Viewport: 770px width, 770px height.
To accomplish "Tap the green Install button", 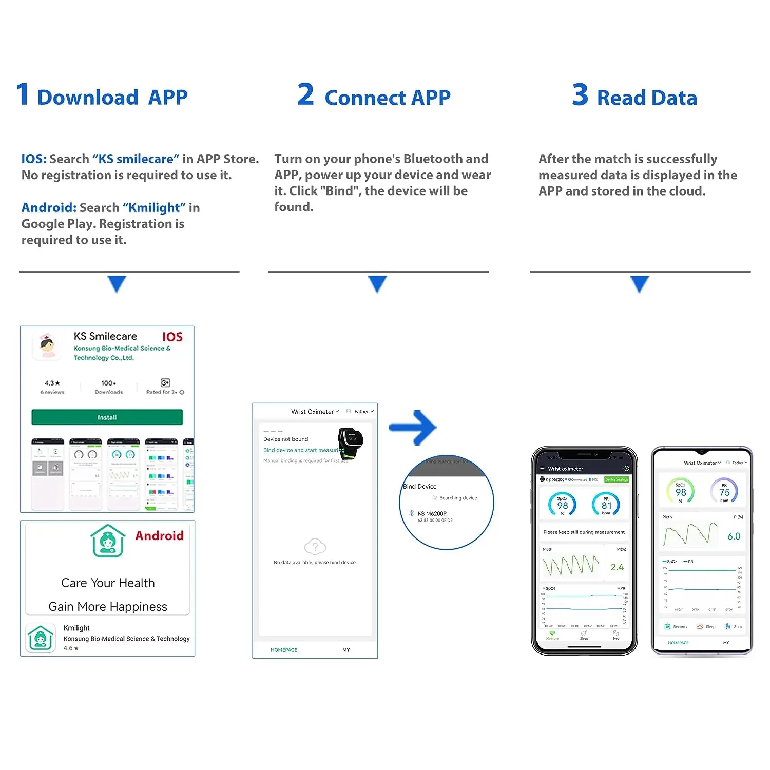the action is pos(107,417).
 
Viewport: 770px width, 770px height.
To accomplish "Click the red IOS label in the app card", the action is pos(172,337).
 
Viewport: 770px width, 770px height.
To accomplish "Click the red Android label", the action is pos(159,536).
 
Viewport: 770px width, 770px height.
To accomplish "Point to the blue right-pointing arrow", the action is pos(413,427).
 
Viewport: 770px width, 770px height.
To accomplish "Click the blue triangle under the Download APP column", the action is pos(117,283).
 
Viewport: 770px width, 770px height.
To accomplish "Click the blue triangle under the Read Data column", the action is pos(640,283).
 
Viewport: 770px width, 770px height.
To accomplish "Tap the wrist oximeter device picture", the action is pos(350,441).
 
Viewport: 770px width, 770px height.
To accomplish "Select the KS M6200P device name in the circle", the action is pos(432,513).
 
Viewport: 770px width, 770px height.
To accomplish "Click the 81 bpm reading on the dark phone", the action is pos(606,506).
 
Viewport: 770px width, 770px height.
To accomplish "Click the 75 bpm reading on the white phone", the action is pos(724,493).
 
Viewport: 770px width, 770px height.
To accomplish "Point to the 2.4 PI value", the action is pos(617,567).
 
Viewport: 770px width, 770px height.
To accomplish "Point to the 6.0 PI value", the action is pos(734,536).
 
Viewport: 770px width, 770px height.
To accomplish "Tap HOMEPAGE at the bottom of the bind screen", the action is pos(284,650).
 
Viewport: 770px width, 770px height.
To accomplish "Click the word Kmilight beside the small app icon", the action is pos(76,628).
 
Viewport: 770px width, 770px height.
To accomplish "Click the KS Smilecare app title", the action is pos(105,336).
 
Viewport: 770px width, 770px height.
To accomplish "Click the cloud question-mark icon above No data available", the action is pos(315,546).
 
